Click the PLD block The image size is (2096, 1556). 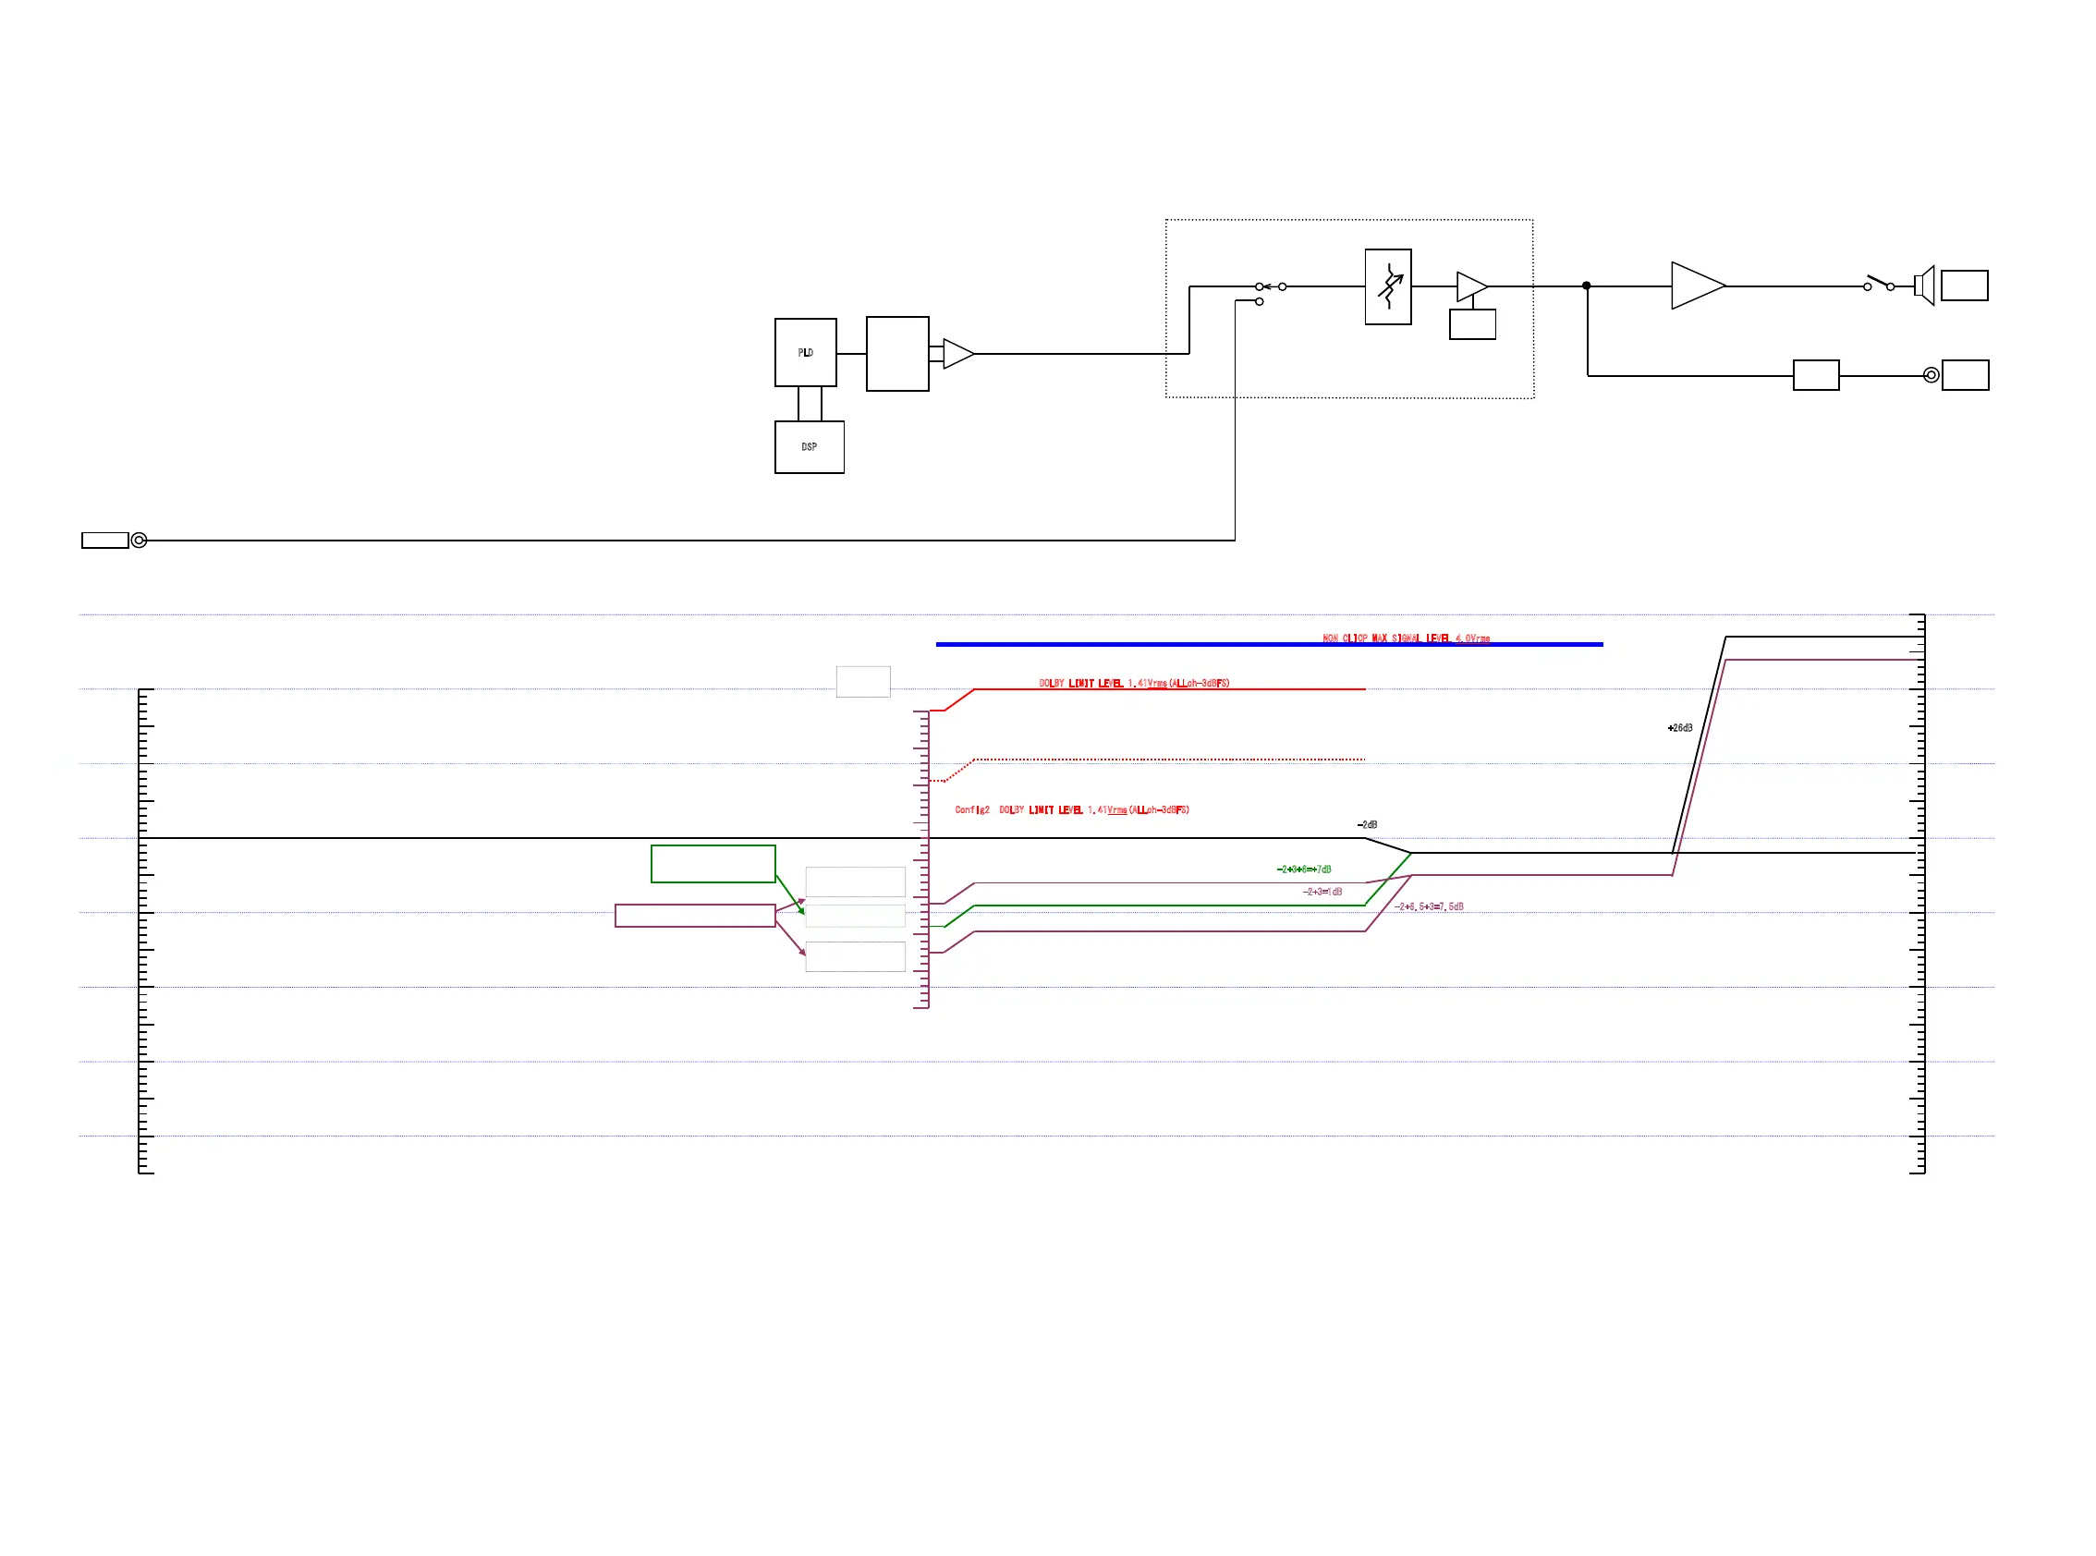tap(805, 352)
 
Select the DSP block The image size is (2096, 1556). tap(809, 446)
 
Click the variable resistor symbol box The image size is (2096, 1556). tap(1387, 286)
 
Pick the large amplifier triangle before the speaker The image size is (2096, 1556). tap(1696, 286)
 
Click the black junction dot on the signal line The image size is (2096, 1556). tap(1587, 286)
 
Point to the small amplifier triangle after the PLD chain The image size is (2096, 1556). tap(957, 353)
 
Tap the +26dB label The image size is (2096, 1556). tap(1679, 728)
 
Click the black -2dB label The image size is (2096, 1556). tap(1367, 825)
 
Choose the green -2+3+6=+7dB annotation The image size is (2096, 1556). tap(1304, 869)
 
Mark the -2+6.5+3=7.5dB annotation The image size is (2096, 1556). tap(1429, 907)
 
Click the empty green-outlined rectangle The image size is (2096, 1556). tap(713, 864)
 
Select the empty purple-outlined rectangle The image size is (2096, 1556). tap(694, 916)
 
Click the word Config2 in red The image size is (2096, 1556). tap(971, 810)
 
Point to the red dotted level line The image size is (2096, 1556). tap(1168, 760)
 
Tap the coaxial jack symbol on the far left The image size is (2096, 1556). tap(139, 540)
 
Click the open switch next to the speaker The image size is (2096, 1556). tap(1879, 283)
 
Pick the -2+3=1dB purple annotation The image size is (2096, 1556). tap(1322, 892)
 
